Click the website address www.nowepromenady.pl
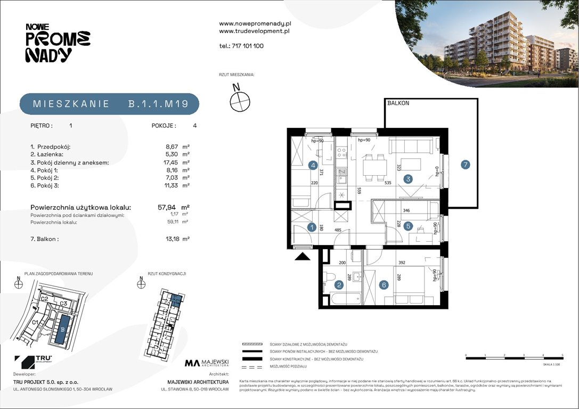coord(255,24)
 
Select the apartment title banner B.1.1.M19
coord(110,104)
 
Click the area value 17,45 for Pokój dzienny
coord(170,162)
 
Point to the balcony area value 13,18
coord(170,239)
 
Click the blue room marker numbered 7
coord(466,165)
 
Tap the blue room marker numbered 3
coord(409,179)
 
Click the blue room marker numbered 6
coord(384,285)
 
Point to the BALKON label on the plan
coord(398,103)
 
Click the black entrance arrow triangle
coord(303,257)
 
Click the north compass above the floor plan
coord(240,100)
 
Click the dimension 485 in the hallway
coord(338,231)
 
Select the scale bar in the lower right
coord(514,358)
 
